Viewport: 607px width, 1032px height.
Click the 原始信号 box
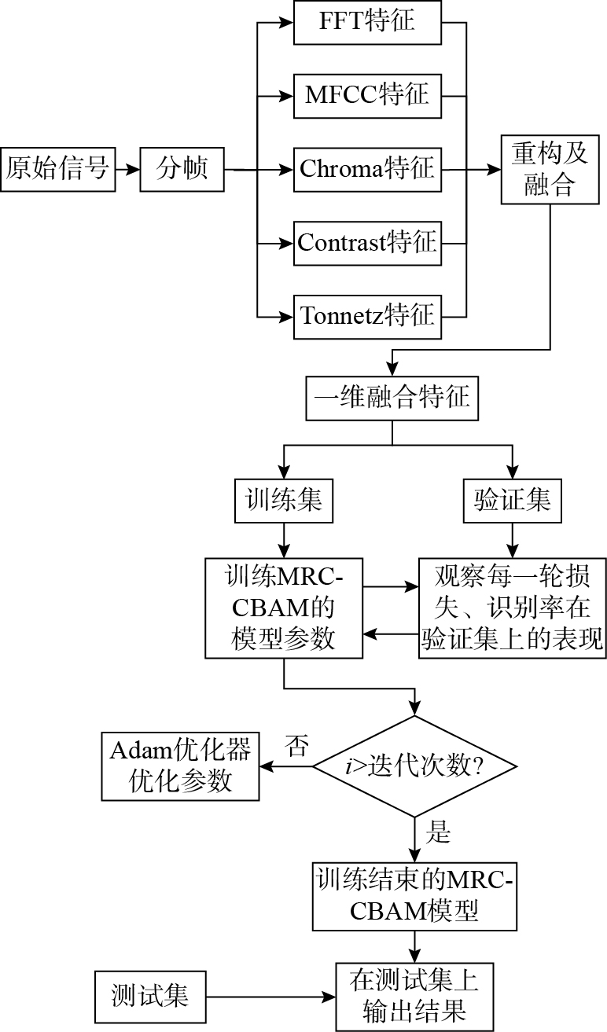[57, 168]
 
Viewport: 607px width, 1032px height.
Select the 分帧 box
[182, 168]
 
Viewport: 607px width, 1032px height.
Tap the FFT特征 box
[367, 23]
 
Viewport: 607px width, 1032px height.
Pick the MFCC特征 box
[367, 95]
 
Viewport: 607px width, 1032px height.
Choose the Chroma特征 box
[367, 168]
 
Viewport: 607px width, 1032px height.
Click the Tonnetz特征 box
[367, 316]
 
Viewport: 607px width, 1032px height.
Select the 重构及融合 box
[550, 168]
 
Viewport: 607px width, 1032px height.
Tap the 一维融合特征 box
[392, 397]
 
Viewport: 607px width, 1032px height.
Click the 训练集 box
[284, 501]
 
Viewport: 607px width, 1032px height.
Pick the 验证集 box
[513, 501]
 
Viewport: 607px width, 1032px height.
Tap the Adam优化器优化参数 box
[180, 767]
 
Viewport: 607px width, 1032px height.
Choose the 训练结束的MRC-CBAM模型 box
[415, 895]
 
